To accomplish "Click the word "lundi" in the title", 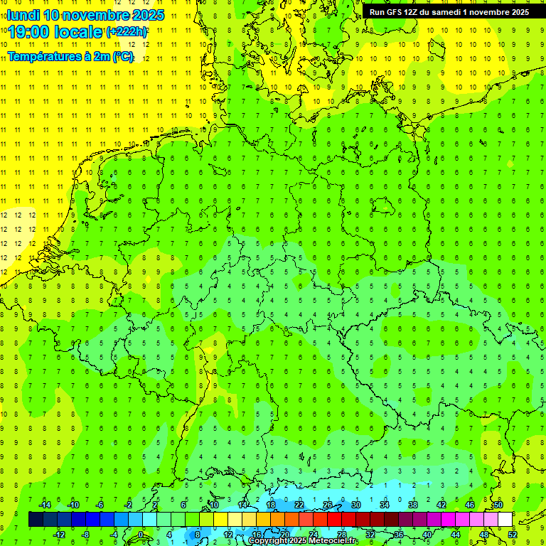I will [x=23, y=15].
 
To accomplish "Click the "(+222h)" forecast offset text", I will [x=127, y=32].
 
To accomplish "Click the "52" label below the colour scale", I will [x=513, y=534].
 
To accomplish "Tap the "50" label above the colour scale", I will [x=498, y=505].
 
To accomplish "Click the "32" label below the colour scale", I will [x=370, y=534].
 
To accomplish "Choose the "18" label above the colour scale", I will [x=271, y=505].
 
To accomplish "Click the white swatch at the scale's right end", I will [x=505, y=519].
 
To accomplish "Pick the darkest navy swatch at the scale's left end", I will [x=36, y=519].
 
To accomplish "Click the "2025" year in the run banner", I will [x=517, y=12].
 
